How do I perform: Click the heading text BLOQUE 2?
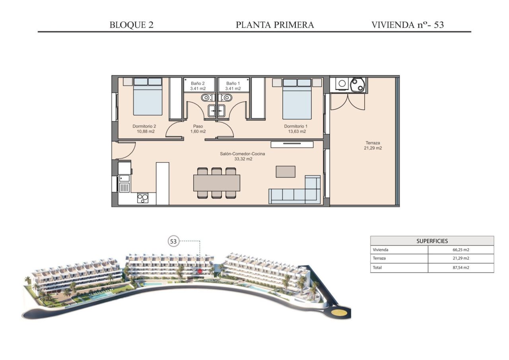coord(132,25)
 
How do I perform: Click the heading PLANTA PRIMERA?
coord(275,25)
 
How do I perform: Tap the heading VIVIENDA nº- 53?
coord(408,25)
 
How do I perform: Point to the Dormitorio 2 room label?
coord(144,128)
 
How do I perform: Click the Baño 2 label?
coord(198,86)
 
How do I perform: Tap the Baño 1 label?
coord(233,86)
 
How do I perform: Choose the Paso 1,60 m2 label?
coord(198,128)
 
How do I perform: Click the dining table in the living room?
coord(217,183)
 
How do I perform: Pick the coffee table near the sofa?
coord(286,171)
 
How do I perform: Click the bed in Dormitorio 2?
coord(148,97)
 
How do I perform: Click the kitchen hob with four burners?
coord(143,198)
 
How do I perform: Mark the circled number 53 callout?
coord(173,241)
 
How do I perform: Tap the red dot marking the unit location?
coord(200,271)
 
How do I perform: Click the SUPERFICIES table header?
coord(432,241)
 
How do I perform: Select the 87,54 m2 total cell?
coord(460,268)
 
